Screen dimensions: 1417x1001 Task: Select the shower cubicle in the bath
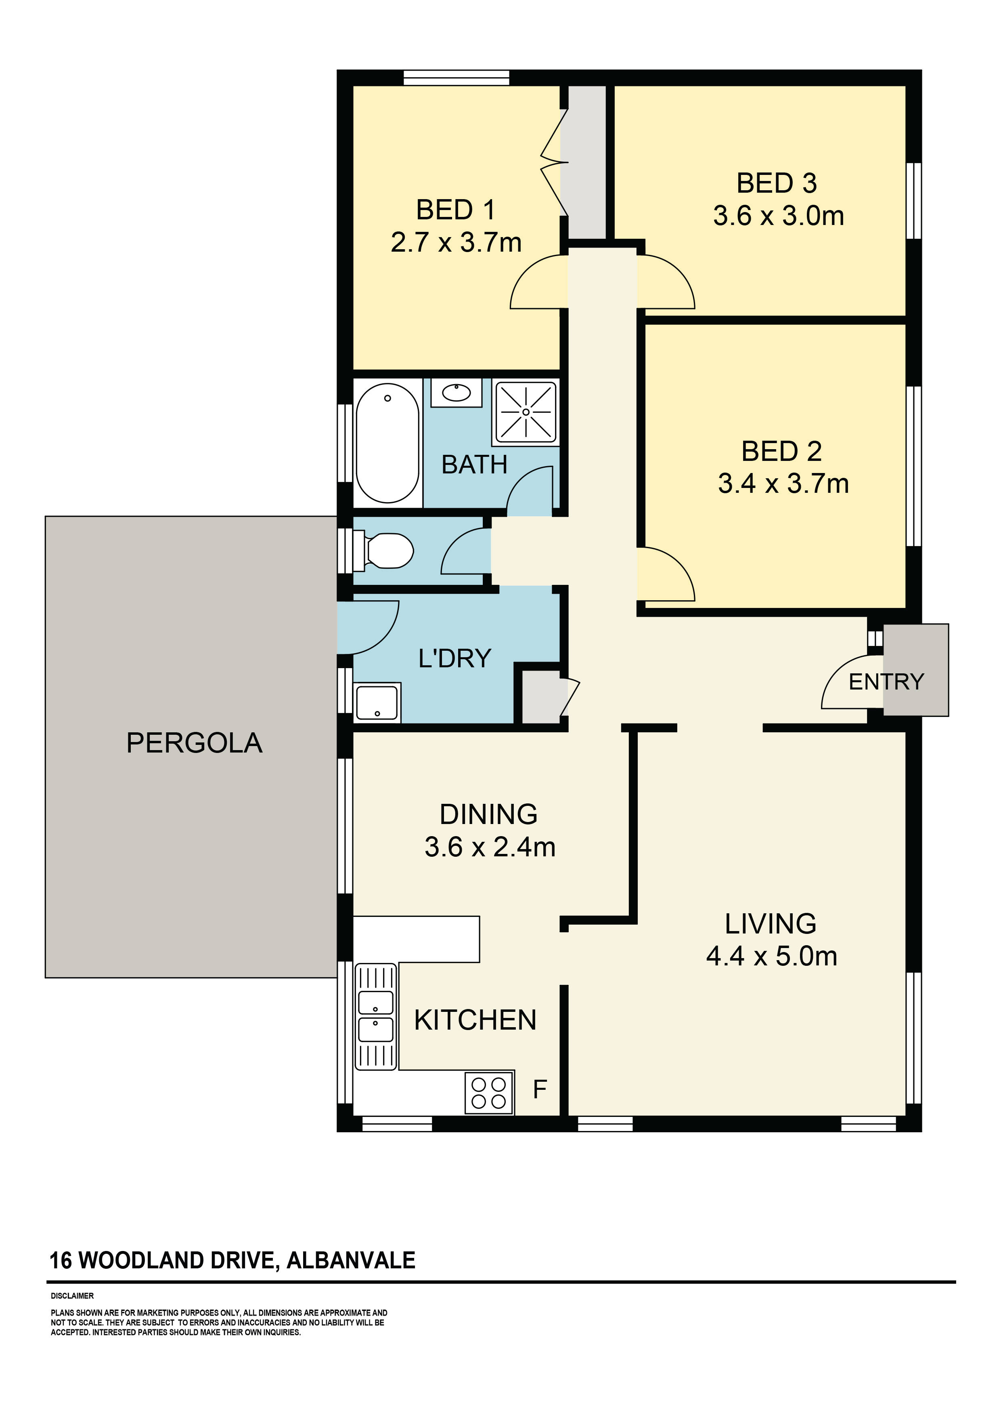coord(526,412)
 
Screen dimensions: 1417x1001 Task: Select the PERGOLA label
coord(194,743)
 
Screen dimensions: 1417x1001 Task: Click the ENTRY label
coord(886,682)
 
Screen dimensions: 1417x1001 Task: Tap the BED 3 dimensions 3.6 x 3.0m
coord(778,216)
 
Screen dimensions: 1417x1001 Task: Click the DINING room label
coord(488,815)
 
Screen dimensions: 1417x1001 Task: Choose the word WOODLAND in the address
coord(144,1260)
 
